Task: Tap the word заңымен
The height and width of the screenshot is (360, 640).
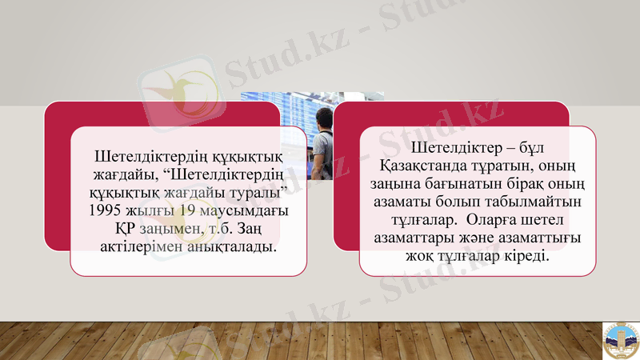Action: tap(159, 229)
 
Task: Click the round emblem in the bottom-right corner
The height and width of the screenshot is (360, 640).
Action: tap(620, 340)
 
